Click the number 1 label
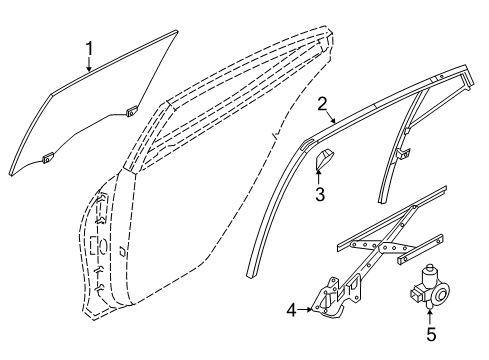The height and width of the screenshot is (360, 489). click(x=90, y=46)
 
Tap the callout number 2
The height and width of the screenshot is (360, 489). click(x=323, y=104)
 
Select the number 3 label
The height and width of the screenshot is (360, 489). click(x=321, y=194)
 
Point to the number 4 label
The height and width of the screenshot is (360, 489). click(x=291, y=310)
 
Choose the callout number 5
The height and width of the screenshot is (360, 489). click(x=431, y=334)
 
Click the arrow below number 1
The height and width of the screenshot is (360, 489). click(x=90, y=65)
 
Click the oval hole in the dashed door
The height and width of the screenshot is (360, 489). click(x=99, y=245)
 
